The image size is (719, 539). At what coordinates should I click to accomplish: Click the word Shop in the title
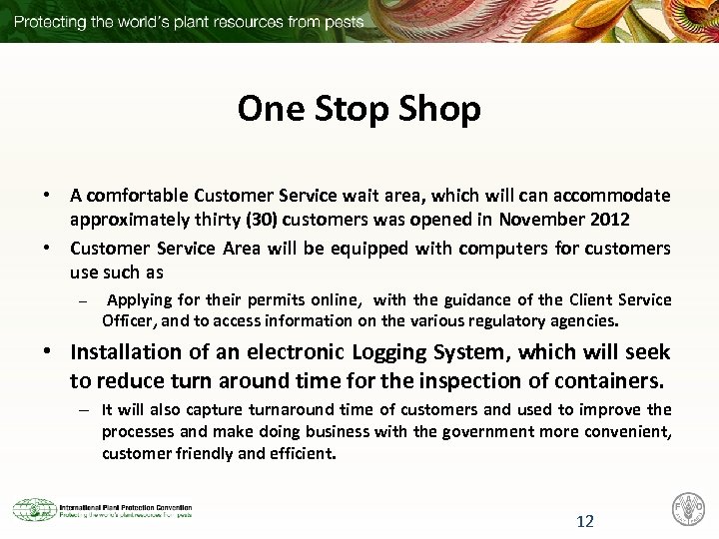tap(438, 108)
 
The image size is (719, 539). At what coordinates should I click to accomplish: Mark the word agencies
tap(587, 321)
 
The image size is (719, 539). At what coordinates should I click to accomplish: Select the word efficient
tap(304, 453)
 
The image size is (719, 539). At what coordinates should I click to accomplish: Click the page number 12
tap(585, 520)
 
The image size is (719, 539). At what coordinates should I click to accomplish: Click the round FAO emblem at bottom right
tap(688, 510)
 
